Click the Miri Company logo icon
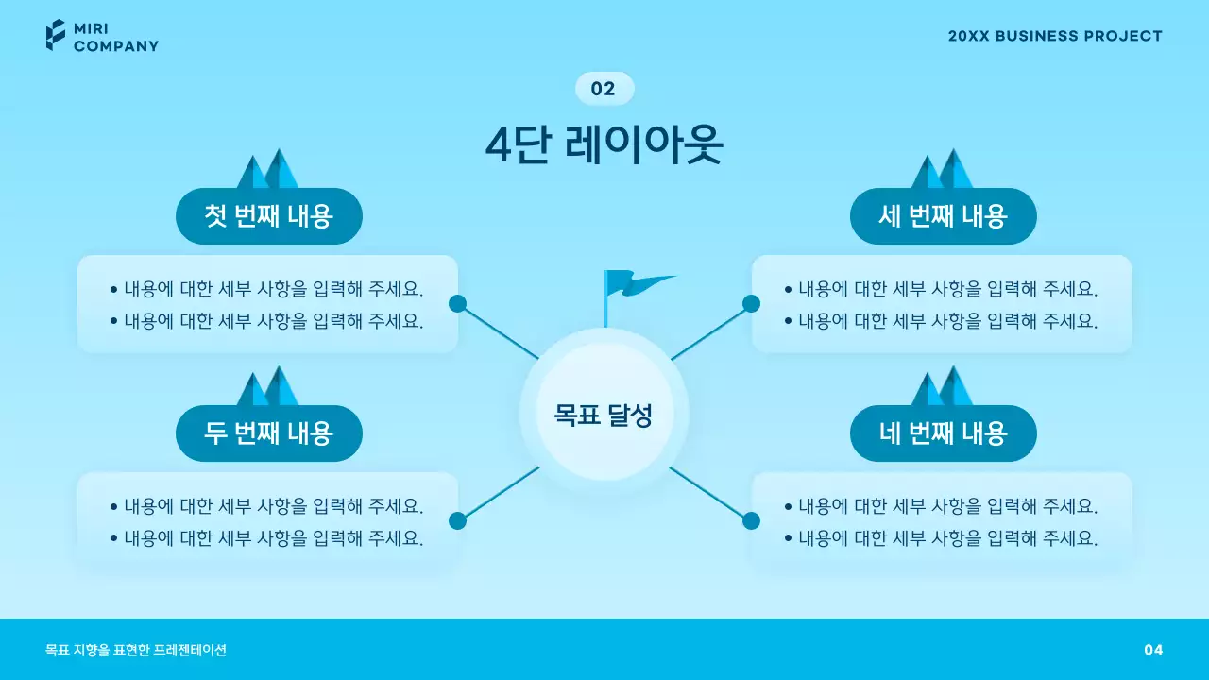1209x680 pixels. (56, 35)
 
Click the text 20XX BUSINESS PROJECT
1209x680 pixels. (1055, 36)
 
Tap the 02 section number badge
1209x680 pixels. (604, 89)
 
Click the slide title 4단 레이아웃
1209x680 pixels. (604, 145)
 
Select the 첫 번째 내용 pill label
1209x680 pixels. (269, 216)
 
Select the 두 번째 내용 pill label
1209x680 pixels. (269, 433)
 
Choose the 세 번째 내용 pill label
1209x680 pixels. (943, 216)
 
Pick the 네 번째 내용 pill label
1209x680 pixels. (943, 433)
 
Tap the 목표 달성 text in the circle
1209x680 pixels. (604, 414)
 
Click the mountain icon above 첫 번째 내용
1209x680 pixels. (267, 170)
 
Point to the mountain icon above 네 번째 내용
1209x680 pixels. (942, 387)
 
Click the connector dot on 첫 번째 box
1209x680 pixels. (458, 303)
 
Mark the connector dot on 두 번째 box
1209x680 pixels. (458, 520)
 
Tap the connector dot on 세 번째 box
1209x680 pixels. (751, 303)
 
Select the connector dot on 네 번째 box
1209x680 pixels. (751, 520)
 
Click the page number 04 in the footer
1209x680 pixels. (1153, 650)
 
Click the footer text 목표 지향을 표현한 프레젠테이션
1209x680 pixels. (136, 650)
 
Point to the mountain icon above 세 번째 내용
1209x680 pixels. (942, 170)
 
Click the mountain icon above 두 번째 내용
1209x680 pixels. (267, 387)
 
